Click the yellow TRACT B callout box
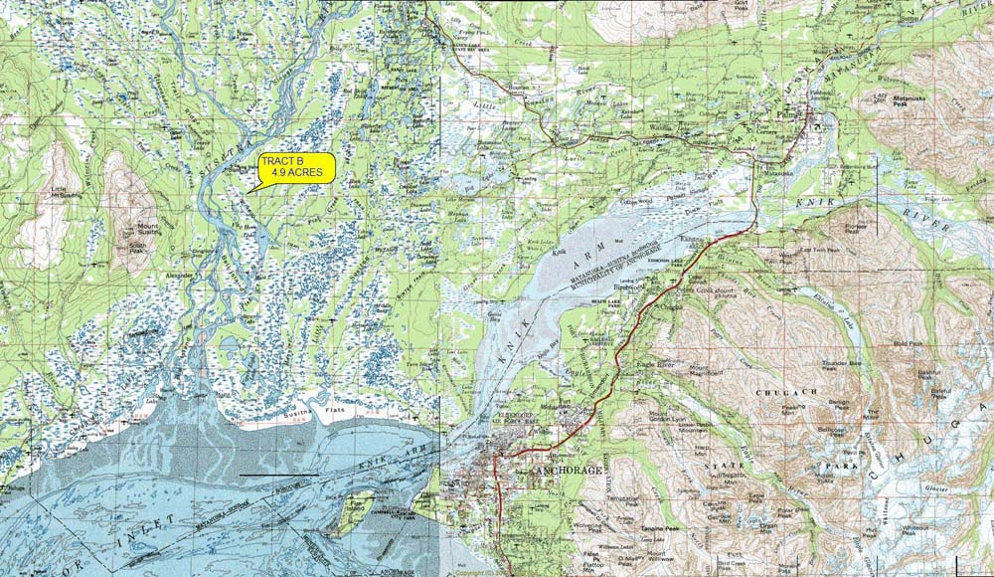pos(296,168)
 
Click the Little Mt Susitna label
pos(61,193)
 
